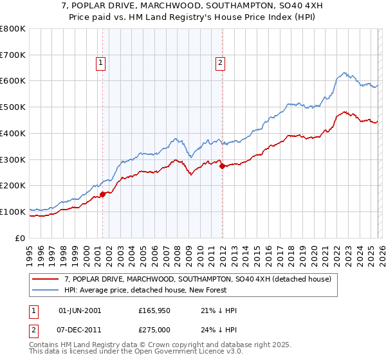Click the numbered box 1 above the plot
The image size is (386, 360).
[102, 63]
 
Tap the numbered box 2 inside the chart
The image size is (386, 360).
[220, 63]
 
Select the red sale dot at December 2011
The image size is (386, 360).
[221, 166]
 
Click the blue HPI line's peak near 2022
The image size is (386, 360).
[345, 73]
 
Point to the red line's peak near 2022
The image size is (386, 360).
[345, 111]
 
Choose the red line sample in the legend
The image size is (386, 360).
[46, 279]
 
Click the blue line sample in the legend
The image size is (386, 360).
[46, 290]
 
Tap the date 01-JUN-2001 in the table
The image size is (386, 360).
[80, 310]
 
